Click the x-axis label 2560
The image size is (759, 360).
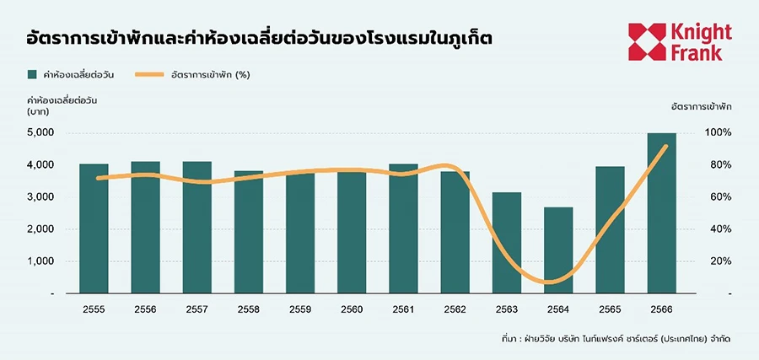[x=352, y=309]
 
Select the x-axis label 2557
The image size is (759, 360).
[x=196, y=309]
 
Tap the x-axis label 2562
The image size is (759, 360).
[x=455, y=309]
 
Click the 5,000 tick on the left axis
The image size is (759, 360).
[x=40, y=133]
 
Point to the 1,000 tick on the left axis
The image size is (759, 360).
[x=40, y=261]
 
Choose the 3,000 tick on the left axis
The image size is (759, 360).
[x=40, y=197]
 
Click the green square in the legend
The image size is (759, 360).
[x=33, y=74]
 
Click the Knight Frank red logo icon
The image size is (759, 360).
[x=647, y=41]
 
